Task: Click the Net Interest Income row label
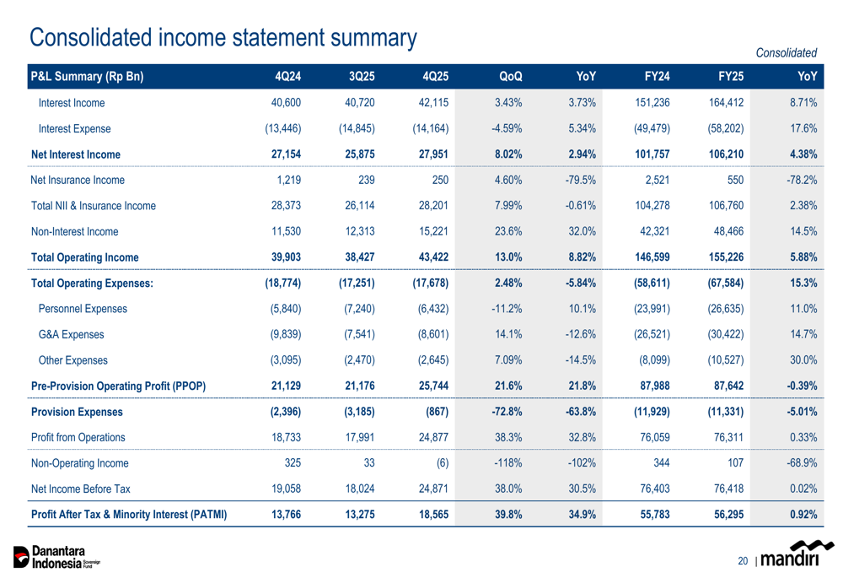tap(75, 154)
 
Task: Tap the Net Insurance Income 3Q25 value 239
tap(364, 180)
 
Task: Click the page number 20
tap(742, 560)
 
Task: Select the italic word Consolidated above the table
tap(787, 53)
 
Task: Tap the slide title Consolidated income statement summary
tap(223, 36)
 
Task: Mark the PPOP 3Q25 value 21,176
tap(357, 386)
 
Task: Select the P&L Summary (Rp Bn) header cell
tap(88, 78)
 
